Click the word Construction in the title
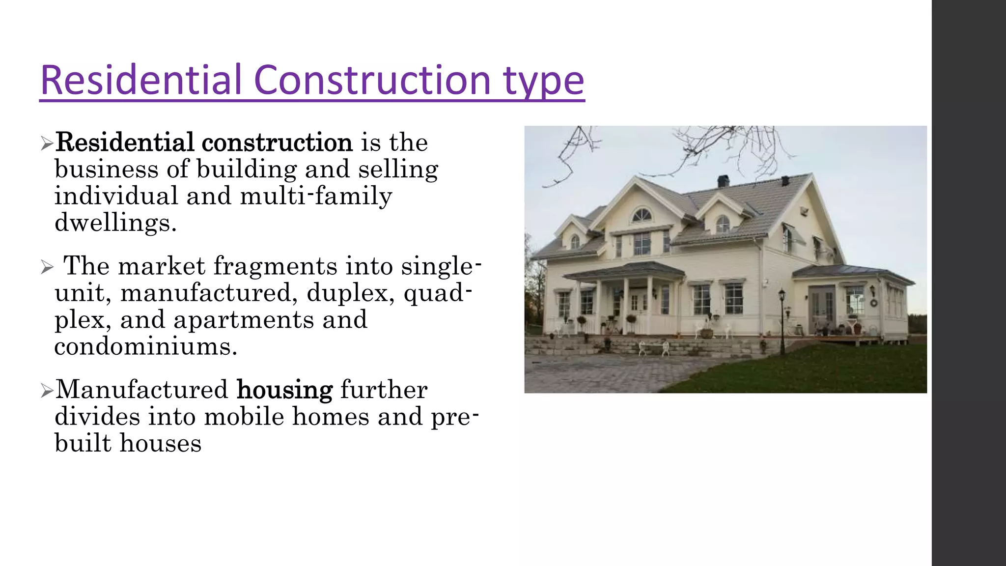372,80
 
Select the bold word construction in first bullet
277,143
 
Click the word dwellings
115,223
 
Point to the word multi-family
316,196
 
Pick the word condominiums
146,347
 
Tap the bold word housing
284,390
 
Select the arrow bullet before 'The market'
47,268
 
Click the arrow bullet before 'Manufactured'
47,391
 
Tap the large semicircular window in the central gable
641,215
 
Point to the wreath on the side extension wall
874,303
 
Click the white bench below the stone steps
653,348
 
